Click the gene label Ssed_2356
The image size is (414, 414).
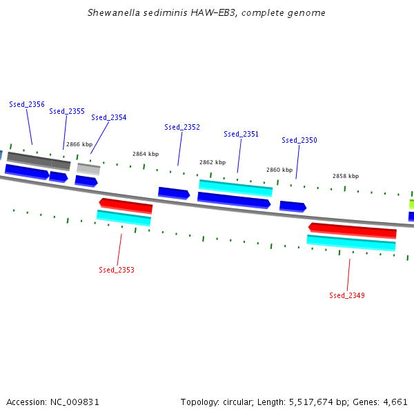[27, 104]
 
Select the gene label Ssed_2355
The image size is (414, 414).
[67, 111]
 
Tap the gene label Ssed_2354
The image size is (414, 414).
[109, 117]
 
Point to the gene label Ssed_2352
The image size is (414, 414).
[182, 127]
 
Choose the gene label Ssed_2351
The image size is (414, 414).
[241, 134]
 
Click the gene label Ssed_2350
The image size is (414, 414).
[299, 140]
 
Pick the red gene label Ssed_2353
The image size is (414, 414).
[117, 270]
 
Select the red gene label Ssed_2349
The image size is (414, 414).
[347, 295]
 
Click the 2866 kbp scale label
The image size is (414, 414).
[79, 144]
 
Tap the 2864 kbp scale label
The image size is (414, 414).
[146, 154]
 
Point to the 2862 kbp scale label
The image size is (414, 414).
[213, 162]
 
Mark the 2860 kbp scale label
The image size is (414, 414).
[279, 170]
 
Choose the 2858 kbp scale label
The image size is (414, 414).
[346, 176]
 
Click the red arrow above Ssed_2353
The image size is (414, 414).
[126, 205]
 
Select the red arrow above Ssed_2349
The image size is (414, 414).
[353, 230]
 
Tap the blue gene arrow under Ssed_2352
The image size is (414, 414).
[174, 193]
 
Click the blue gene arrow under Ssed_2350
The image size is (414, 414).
[293, 206]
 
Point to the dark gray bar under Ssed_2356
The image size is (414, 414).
[39, 161]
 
